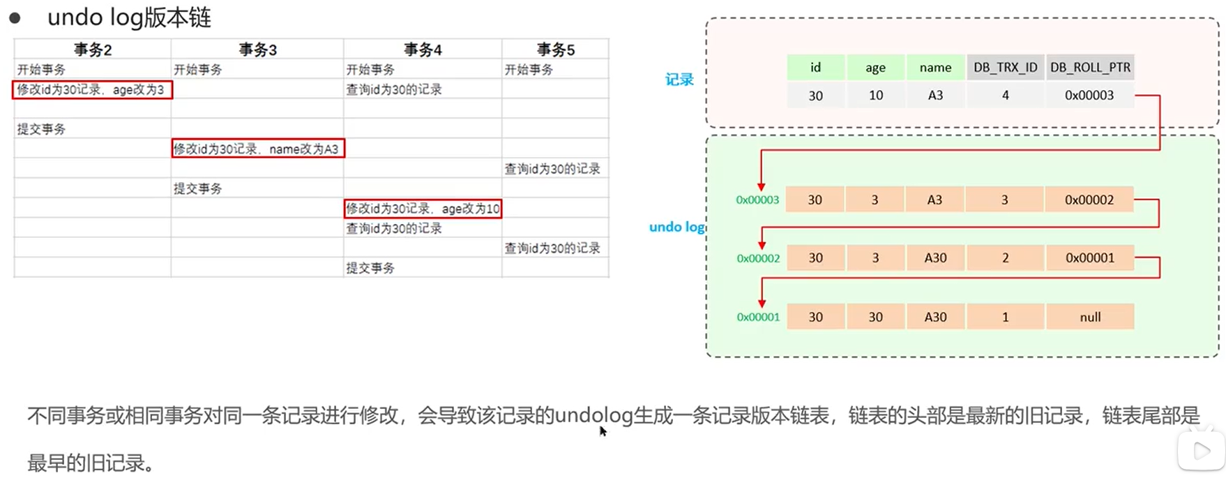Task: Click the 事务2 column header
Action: [93, 50]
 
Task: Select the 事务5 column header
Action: [555, 50]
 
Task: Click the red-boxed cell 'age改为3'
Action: [92, 89]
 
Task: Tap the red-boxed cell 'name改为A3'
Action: [258, 149]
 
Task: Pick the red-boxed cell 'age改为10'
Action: [423, 209]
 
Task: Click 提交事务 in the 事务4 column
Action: [370, 268]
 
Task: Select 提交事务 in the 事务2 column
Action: [41, 129]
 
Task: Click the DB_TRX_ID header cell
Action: [1005, 68]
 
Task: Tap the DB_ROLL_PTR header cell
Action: [1090, 68]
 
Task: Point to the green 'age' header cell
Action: [875, 68]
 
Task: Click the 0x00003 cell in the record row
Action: [1089, 96]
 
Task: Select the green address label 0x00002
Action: [758, 258]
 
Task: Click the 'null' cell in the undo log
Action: [1090, 317]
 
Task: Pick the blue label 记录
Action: [679, 80]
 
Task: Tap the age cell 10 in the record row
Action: [875, 96]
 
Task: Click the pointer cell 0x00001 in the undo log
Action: [1090, 258]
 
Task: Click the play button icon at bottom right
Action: [1201, 451]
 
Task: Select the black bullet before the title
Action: [15, 18]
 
